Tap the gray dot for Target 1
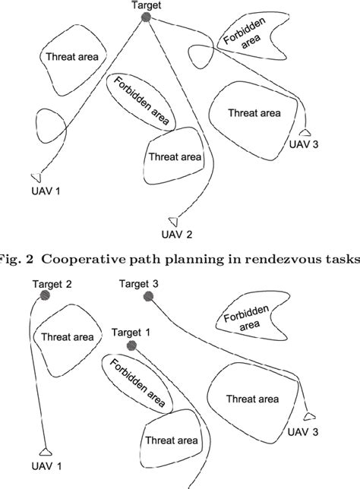tap(131, 347)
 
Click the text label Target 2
tap(52, 284)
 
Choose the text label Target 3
tap(140, 283)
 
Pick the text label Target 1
tap(131, 332)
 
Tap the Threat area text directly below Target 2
tap(68, 336)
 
